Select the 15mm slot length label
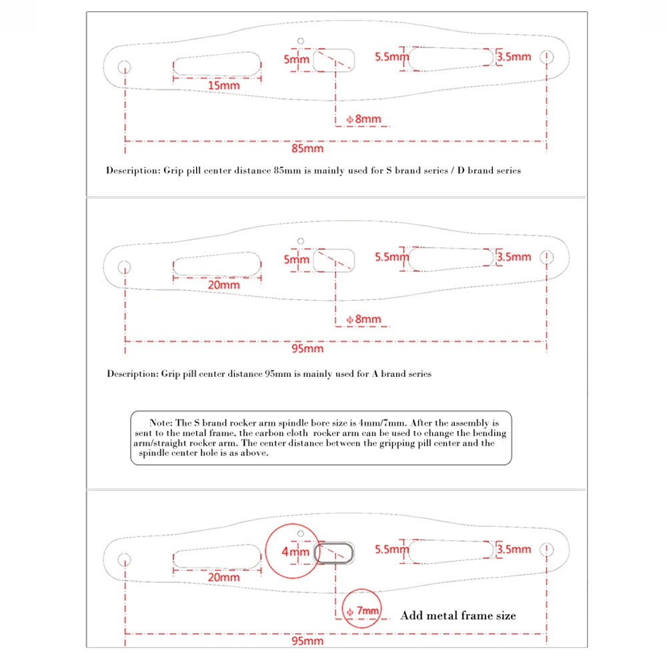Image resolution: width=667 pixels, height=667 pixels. [x=223, y=85]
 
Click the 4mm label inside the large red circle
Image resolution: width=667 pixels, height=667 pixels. [x=295, y=552]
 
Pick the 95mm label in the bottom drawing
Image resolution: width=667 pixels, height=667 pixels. [x=308, y=641]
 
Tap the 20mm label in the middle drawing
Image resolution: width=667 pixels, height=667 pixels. [x=223, y=285]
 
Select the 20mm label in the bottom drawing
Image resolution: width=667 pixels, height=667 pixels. [x=223, y=577]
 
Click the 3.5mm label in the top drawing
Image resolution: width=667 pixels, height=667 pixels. [x=514, y=57]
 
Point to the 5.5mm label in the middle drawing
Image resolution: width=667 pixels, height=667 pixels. [x=391, y=257]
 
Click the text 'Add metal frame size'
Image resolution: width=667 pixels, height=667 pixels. [x=458, y=616]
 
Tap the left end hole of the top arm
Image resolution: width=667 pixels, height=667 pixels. [x=124, y=67]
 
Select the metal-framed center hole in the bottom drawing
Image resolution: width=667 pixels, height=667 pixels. [x=334, y=553]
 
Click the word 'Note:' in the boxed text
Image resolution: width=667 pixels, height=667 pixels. [x=161, y=423]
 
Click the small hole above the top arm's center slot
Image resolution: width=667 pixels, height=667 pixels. [x=301, y=41]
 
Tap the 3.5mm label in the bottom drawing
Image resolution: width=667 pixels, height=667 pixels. [x=514, y=549]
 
